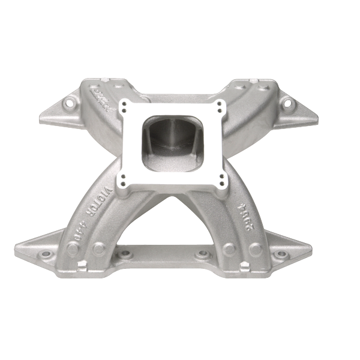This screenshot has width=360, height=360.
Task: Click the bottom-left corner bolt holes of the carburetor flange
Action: point(124,179)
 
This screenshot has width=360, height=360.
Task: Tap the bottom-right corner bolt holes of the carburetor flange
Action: point(223,179)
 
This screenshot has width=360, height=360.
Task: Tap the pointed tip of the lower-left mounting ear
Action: point(17,246)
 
